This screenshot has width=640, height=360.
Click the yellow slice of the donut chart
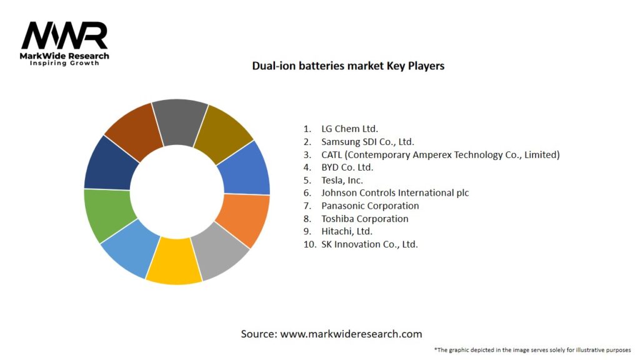174,262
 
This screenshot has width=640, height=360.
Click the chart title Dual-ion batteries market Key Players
348,66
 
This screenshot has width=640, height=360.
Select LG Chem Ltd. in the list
349,129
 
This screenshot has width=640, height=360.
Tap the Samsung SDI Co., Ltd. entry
367,142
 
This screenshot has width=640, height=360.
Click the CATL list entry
440,154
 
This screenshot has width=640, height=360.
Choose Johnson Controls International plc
395,193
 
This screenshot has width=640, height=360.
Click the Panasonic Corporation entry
370,206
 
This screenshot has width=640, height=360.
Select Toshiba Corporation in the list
365,219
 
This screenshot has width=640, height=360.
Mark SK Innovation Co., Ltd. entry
369,244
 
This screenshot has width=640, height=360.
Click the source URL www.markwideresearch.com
351,334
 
